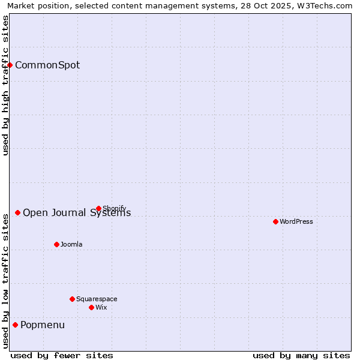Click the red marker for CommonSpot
[10, 65]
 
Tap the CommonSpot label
[47, 65]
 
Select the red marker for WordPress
[275, 221]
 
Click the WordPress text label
[296, 222]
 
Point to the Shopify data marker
[98, 208]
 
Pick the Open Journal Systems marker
[17, 212]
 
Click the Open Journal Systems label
[77, 213]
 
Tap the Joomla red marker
[56, 244]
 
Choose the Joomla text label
[71, 245]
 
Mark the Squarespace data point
[72, 299]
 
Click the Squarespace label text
[97, 299]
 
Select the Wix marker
[91, 307]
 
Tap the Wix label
[101, 308]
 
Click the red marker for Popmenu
[15, 325]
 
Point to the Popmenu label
[43, 325]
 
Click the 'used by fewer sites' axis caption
[62, 356]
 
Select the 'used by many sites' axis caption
[301, 356]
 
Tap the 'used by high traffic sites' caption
[5, 85]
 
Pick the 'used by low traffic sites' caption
[5, 280]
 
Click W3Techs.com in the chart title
[325, 6]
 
